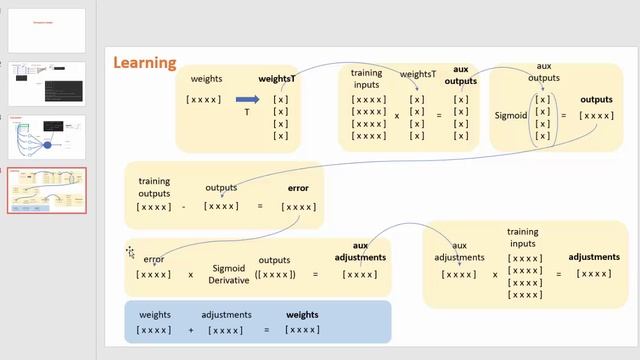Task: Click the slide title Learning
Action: tap(145, 62)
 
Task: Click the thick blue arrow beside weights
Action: tap(247, 99)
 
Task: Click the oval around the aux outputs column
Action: tap(542, 118)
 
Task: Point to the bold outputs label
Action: tap(597, 100)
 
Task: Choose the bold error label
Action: tap(298, 188)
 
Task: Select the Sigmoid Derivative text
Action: tap(229, 274)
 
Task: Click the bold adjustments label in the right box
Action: tap(594, 257)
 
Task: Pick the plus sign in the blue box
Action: tap(191, 329)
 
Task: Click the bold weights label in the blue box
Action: tap(302, 315)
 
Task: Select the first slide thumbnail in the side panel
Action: tap(47, 30)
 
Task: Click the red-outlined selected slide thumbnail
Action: tap(47, 190)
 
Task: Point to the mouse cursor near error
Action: tap(130, 252)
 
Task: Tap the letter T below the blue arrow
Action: tap(247, 113)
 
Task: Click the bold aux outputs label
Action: tap(460, 75)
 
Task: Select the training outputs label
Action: tap(154, 187)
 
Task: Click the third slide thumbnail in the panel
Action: tap(47, 137)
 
